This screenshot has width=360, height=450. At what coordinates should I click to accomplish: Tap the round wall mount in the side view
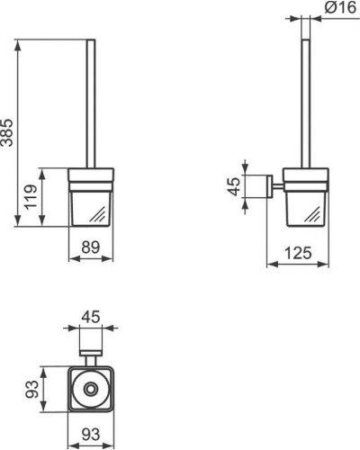tap(267, 187)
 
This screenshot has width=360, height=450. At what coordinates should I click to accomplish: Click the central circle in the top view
tap(91, 390)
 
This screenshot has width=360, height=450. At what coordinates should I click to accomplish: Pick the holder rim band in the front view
tap(91, 175)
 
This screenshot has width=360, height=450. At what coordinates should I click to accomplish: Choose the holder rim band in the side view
tap(305, 175)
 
